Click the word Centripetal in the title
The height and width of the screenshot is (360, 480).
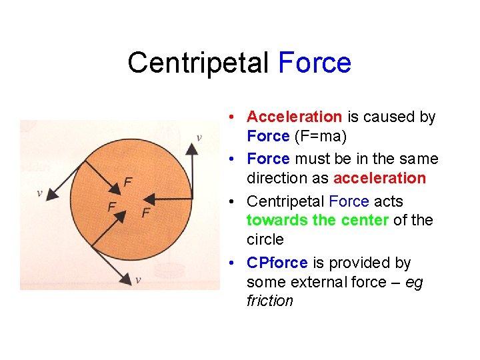click(198, 63)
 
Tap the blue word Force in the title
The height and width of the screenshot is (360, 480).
click(315, 63)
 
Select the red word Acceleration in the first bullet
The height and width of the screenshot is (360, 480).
click(294, 117)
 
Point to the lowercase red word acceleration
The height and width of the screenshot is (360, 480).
click(379, 178)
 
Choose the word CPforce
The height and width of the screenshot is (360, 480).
click(277, 263)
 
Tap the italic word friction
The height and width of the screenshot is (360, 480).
click(269, 301)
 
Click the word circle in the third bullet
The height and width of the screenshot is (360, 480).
click(265, 239)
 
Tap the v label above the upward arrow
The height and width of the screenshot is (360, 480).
click(199, 138)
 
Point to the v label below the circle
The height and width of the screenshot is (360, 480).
click(138, 280)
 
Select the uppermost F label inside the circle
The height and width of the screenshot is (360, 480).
click(128, 181)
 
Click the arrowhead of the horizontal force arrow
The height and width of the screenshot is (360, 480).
click(149, 198)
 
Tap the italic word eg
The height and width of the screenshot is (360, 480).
click(413, 282)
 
